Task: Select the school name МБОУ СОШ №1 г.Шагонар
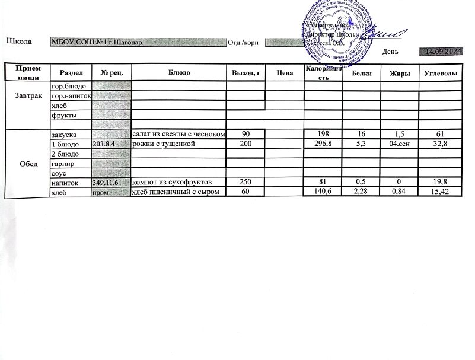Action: pos(95,42)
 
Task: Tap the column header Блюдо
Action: pos(178,72)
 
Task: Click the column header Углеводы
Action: pos(440,72)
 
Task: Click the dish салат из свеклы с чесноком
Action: pos(178,135)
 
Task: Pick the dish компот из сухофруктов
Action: pos(168,183)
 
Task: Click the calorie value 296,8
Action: pos(323,144)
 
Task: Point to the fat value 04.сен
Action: pos(399,144)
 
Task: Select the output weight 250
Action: pos(246,183)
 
